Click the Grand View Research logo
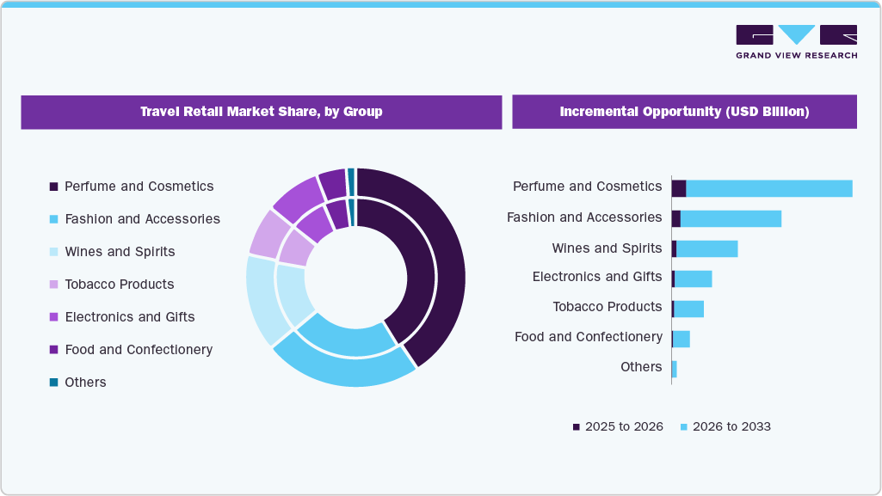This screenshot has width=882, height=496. tap(796, 41)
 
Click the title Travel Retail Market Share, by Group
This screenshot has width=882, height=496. tap(261, 112)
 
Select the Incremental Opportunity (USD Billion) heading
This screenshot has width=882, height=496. tap(684, 112)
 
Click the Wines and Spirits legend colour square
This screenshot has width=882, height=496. tap(53, 252)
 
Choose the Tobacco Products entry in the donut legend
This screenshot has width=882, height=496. tap(119, 285)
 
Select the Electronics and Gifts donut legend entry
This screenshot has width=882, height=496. tap(129, 317)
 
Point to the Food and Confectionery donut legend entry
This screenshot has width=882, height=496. tap(138, 350)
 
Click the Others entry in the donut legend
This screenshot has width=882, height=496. tap(85, 383)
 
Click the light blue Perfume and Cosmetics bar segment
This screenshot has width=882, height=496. tap(768, 188)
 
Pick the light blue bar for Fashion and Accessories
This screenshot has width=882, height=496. tap(731, 218)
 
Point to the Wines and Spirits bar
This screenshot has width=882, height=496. tap(706, 248)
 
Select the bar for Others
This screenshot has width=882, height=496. tap(674, 369)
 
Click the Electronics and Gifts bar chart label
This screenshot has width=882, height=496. tap(597, 277)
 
